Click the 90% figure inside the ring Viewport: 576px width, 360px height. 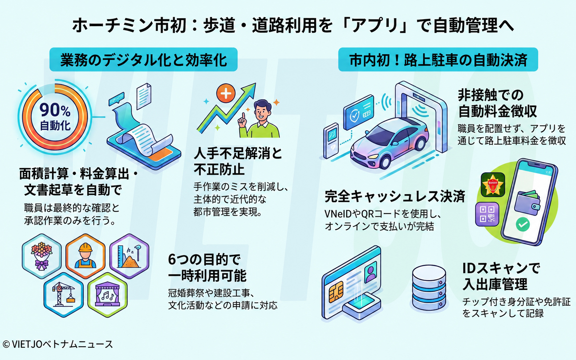55,110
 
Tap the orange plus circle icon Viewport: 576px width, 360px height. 226,93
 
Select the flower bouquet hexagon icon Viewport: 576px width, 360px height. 42,256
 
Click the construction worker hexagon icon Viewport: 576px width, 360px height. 85,256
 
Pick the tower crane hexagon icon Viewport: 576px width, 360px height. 64,295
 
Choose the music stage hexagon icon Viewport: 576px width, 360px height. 108,295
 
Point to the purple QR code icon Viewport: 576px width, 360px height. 487,214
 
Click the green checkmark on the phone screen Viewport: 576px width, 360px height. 523,224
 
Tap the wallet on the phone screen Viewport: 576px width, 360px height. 527,203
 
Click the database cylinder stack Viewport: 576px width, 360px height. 429,287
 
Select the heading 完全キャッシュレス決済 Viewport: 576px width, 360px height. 395,196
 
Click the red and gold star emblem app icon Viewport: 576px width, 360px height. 493,185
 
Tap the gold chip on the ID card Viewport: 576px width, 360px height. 336,292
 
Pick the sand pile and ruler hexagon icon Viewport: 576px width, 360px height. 129,256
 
